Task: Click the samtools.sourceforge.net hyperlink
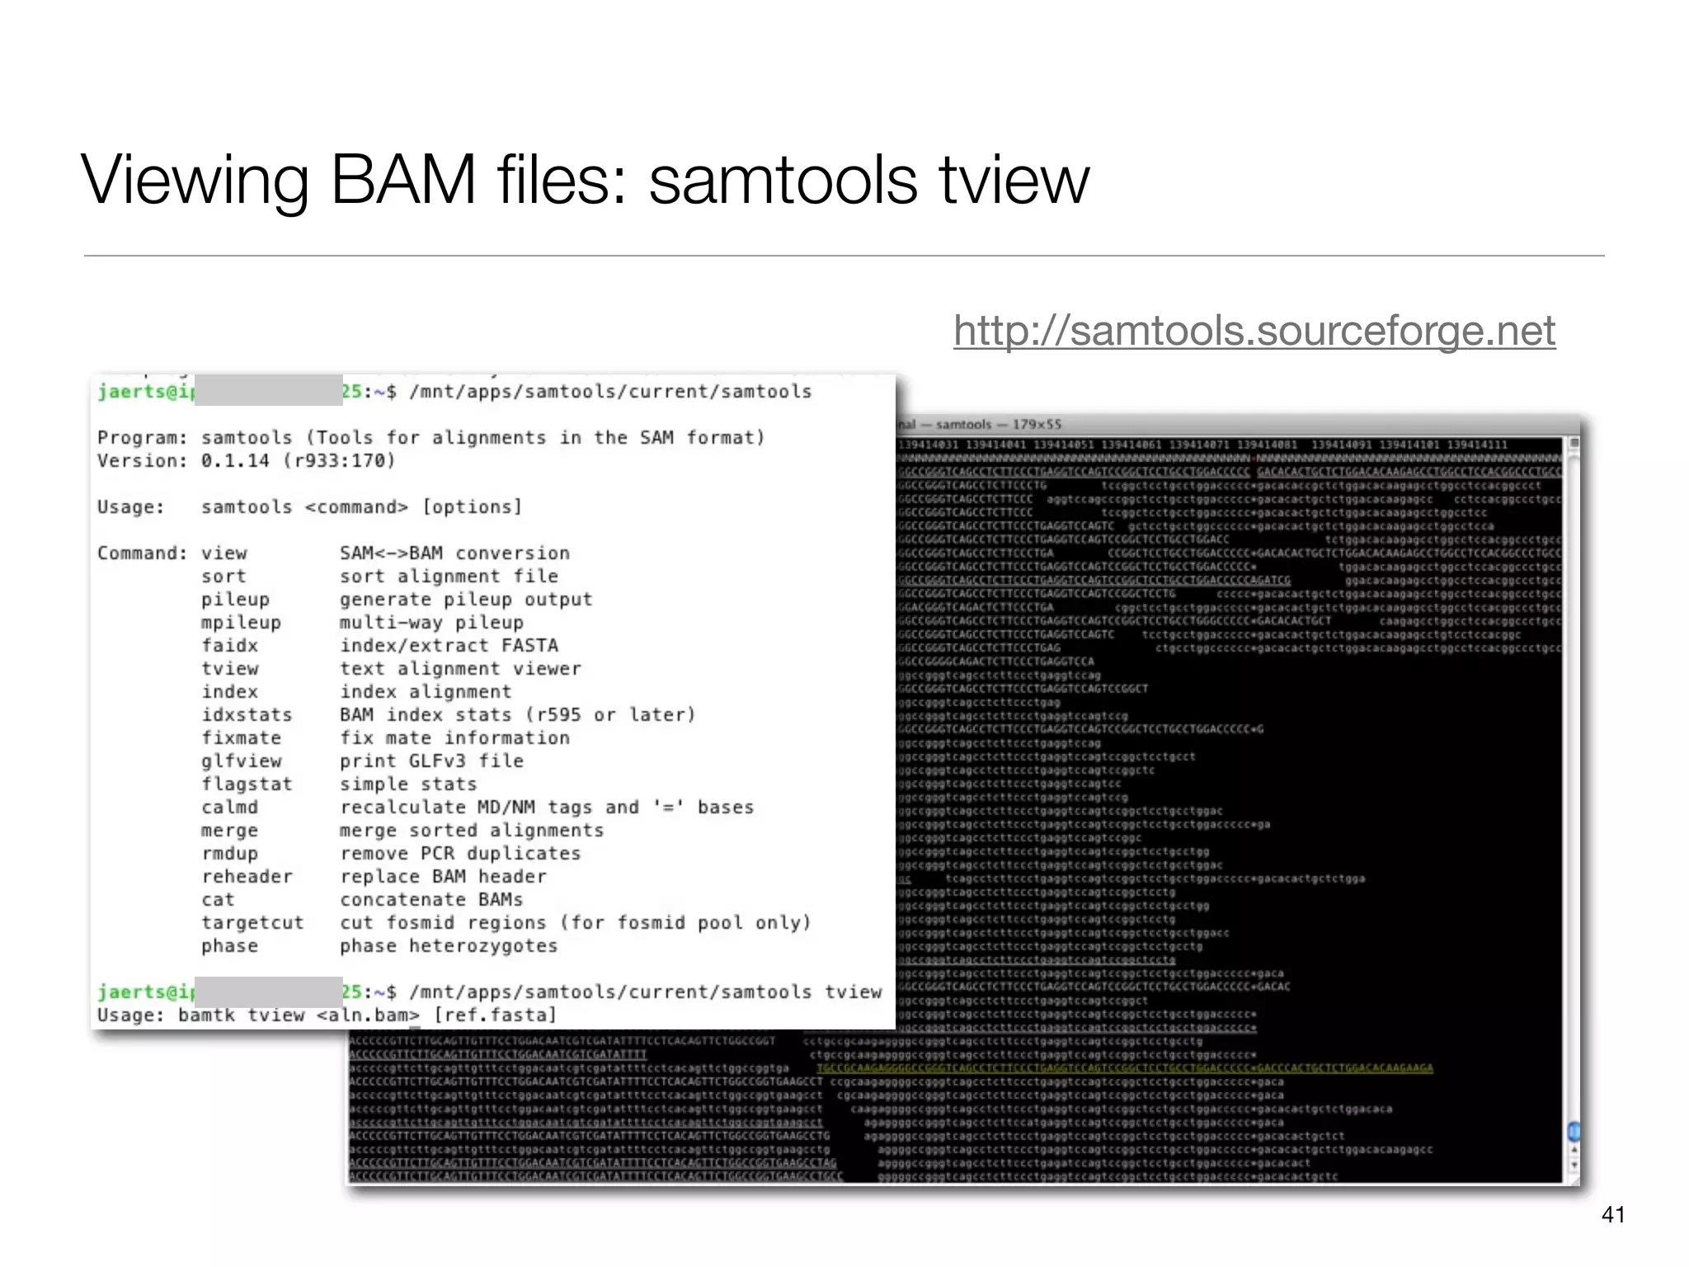[x=1254, y=332]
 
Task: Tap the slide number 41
[x=1612, y=1214]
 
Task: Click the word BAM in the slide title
[x=403, y=180]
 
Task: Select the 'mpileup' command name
[x=241, y=623]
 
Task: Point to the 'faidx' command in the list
[x=229, y=646]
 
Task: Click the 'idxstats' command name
[x=247, y=715]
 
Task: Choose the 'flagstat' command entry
[x=247, y=784]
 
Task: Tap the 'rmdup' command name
[x=229, y=854]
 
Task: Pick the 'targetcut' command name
[x=252, y=923]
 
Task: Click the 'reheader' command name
[x=247, y=877]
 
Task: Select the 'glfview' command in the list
[x=241, y=761]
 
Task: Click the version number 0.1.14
[x=235, y=461]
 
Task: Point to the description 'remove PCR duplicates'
[x=459, y=854]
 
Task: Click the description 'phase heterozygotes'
[x=448, y=946]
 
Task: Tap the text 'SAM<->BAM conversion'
[x=454, y=553]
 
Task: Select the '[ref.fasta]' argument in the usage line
[x=495, y=1015]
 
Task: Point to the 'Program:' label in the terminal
[x=142, y=438]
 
